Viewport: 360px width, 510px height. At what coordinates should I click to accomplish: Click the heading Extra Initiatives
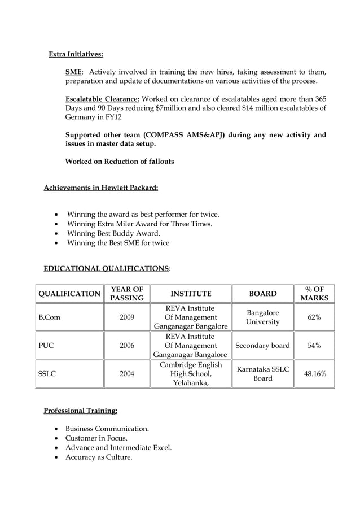tap(76, 55)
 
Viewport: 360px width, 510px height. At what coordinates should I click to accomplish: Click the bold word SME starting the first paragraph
tap(73, 72)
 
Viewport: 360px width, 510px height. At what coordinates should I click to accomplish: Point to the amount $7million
tap(174, 108)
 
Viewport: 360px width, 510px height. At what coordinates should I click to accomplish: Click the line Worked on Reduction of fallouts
tap(120, 162)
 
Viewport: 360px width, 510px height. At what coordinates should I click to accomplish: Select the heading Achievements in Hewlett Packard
tap(101, 188)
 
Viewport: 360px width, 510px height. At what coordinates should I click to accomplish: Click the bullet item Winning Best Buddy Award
tap(113, 233)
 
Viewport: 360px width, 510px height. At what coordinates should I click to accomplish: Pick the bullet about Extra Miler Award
tap(139, 224)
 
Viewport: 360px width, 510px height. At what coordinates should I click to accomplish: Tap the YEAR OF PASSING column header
tap(126, 294)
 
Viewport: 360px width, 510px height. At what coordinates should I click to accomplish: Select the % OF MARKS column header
tap(314, 294)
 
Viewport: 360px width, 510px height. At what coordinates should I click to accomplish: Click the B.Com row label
tap(49, 317)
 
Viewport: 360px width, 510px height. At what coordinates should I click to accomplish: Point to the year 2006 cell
tap(126, 346)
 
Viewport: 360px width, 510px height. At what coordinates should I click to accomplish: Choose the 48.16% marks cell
tap(314, 374)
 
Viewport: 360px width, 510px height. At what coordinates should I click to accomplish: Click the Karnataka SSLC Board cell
tap(262, 374)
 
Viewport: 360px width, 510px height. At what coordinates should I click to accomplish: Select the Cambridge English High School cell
tap(190, 374)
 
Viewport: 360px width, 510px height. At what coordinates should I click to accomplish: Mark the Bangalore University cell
tap(262, 317)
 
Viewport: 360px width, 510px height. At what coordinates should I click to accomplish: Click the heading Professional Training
tap(81, 410)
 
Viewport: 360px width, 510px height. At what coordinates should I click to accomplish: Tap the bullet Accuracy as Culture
tap(99, 457)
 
